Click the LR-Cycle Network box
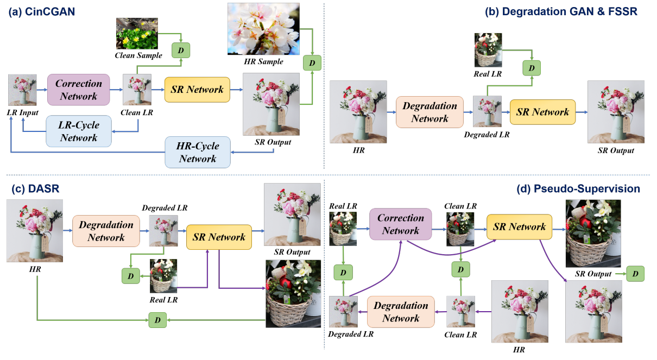pyautogui.click(x=79, y=131)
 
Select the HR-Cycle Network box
pyautogui.click(x=198, y=152)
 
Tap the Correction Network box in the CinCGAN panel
pyautogui.click(x=78, y=90)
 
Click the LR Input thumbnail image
pyautogui.click(x=22, y=90)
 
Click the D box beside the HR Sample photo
pyautogui.click(x=312, y=64)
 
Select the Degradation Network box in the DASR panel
pyautogui.click(x=106, y=231)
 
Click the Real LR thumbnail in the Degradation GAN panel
pyautogui.click(x=488, y=50)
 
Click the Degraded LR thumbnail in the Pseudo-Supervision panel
pyautogui.click(x=343, y=312)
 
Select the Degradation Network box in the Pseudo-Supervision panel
pyautogui.click(x=401, y=312)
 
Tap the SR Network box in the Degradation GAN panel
pyautogui.click(x=542, y=112)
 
